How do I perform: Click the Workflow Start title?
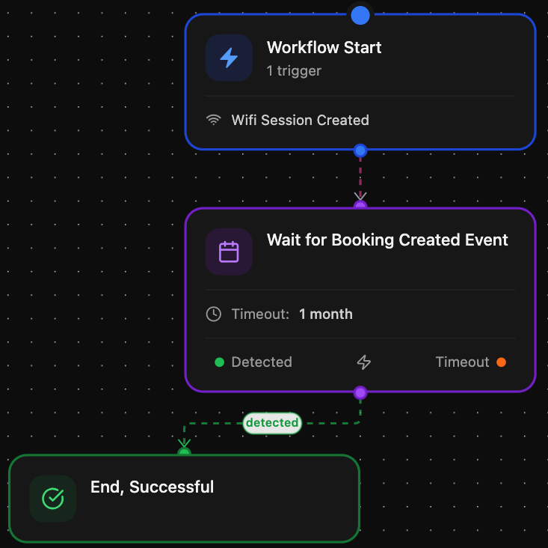324,48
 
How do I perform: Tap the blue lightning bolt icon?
229,58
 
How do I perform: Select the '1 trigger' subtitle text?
294,71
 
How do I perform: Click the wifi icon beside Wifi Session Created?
214,120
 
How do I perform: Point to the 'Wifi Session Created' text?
301,121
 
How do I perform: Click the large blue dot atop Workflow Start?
360,16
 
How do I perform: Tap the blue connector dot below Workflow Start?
360,150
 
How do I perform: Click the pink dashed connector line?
360,177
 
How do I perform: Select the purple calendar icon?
229,252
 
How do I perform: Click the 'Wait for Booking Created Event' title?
387,240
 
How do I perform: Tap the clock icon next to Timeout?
214,314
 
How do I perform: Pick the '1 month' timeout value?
326,314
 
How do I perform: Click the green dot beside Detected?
220,362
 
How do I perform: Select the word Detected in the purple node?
262,362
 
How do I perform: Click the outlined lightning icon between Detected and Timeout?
364,362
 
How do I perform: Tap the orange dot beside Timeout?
501,362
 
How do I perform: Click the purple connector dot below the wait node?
360,392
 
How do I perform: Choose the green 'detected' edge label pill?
272,423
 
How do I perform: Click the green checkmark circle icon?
53,499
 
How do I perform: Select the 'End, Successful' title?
152,487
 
